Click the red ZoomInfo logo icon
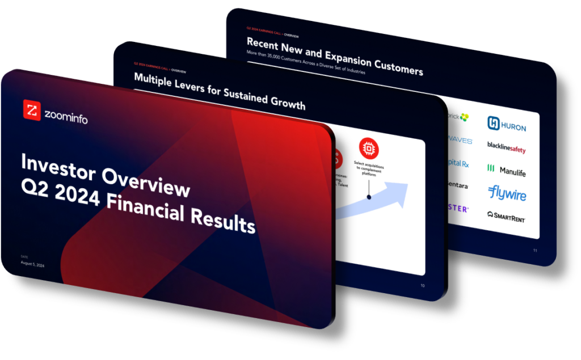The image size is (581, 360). coord(31,109)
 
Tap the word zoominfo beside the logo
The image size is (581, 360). coord(66,116)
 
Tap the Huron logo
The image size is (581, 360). coord(507,125)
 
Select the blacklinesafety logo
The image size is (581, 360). coord(506,147)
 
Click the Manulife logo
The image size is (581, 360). coord(506,170)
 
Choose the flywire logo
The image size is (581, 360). coord(507,193)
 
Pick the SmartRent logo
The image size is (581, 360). coord(506,216)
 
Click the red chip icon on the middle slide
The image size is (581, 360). coord(369,148)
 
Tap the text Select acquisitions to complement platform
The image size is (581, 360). coord(369,170)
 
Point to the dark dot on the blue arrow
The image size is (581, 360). coord(369,197)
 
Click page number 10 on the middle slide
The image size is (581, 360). coord(422,286)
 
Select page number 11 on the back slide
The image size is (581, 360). coord(534,251)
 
